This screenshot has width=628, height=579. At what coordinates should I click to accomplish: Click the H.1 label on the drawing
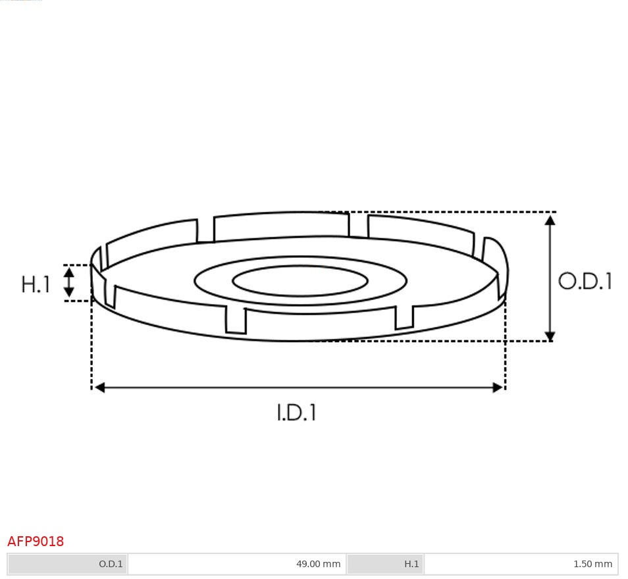pos(36,284)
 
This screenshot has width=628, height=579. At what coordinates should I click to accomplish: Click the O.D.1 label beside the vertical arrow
pos(585,282)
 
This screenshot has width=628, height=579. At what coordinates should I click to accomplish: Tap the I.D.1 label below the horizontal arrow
pos(296,413)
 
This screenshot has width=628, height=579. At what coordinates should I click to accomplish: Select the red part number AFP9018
pos(36,541)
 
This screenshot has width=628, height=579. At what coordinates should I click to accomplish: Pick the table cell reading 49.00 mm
pos(318,564)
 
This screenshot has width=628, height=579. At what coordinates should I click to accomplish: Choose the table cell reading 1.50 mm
pos(592,564)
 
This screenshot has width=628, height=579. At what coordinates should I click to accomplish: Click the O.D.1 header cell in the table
pos(111,564)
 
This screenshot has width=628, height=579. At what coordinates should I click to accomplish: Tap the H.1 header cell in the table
pos(411,564)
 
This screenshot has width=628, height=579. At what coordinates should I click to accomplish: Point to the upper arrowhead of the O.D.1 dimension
pos(550,220)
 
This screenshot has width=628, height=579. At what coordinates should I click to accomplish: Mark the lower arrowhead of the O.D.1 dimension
pos(550,336)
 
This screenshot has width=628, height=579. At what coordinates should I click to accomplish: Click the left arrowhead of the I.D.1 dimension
pos(99,388)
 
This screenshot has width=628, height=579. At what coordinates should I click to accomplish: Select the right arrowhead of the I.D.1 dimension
pos(498,388)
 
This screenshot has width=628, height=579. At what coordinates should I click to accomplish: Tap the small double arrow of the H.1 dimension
pos(68,282)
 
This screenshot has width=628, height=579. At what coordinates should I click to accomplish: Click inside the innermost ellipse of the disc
pos(300,281)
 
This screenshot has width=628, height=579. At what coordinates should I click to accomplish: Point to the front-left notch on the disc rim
pos(236,320)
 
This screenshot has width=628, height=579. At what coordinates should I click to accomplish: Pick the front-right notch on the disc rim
pos(404,316)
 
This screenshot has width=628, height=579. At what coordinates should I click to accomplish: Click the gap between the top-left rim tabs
pos(205,230)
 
